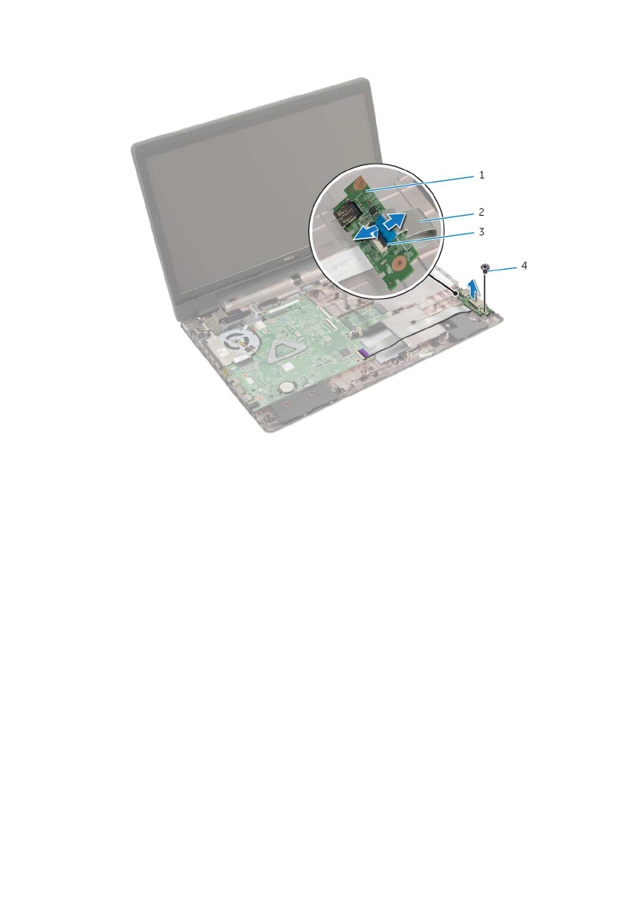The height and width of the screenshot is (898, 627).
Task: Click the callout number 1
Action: click(x=481, y=174)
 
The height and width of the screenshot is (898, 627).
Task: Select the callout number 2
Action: click(x=481, y=212)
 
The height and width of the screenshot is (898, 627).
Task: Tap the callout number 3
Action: click(x=481, y=231)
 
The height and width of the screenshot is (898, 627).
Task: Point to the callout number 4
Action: click(x=523, y=265)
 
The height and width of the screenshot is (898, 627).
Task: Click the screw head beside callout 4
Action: click(x=485, y=266)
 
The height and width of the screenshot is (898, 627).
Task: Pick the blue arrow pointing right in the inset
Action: click(x=395, y=219)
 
